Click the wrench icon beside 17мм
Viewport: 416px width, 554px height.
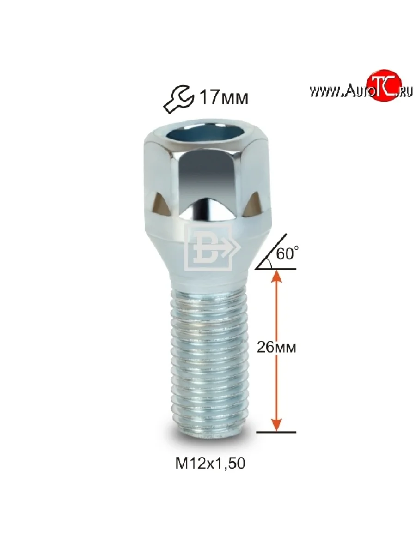pos(179,99)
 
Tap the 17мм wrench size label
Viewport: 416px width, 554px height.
pos(224,98)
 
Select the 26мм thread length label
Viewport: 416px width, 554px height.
pos(276,348)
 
